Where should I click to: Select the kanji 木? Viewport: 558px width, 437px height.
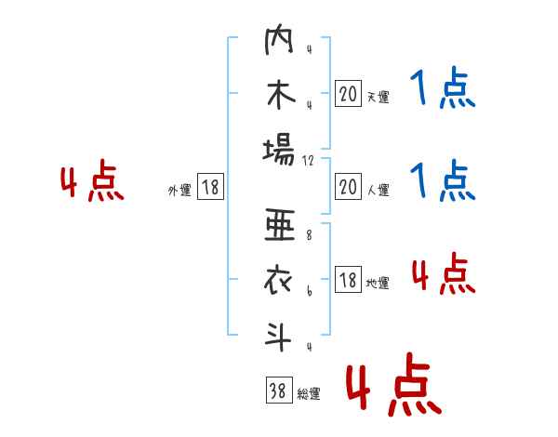tap(280, 96)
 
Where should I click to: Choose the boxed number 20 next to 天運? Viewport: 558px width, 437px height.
tap(348, 94)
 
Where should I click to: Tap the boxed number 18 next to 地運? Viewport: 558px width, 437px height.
tap(348, 280)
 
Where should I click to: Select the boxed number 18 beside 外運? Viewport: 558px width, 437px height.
tap(210, 188)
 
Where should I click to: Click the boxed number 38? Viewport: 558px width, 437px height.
tap(277, 391)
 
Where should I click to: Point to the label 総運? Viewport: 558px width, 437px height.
tap(308, 394)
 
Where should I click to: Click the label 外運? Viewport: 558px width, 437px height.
tap(179, 191)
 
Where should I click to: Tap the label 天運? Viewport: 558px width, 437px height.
tap(378, 97)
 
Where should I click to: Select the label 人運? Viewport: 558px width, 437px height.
tap(378, 191)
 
